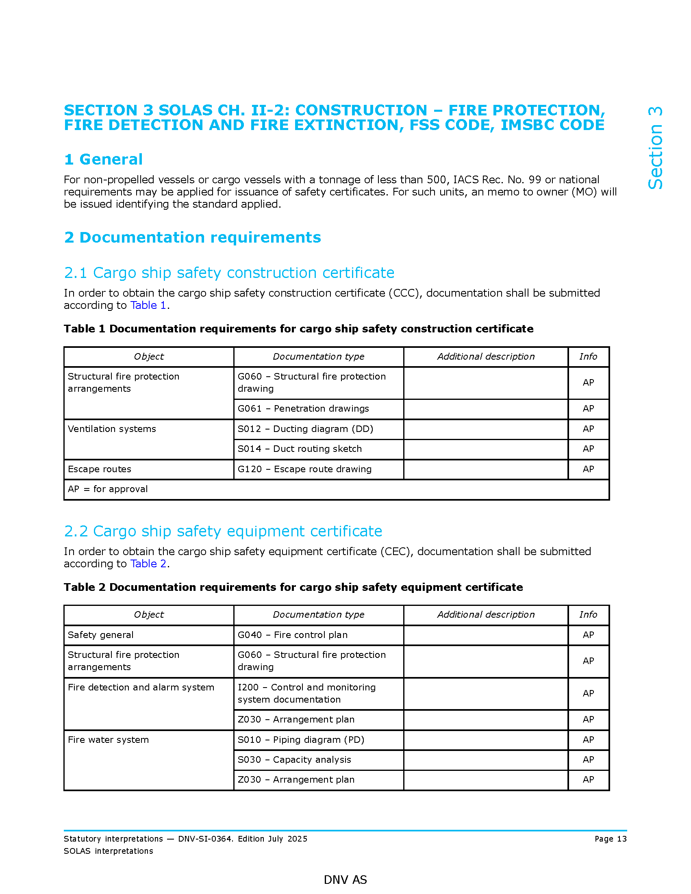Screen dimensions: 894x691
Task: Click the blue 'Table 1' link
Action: click(148, 305)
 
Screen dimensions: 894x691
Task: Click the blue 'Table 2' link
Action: click(148, 564)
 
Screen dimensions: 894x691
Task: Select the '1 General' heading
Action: click(103, 159)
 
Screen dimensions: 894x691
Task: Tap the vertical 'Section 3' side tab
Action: click(655, 148)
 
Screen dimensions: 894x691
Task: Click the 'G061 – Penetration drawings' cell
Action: click(303, 408)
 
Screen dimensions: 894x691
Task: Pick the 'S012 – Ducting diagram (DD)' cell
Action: click(305, 429)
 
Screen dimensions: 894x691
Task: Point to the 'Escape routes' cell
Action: click(100, 469)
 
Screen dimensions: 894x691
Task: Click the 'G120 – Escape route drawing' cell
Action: click(304, 469)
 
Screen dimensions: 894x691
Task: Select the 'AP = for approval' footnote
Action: click(108, 489)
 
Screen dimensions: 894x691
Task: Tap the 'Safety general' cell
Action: click(101, 635)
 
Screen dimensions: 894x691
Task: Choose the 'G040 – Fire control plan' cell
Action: click(293, 635)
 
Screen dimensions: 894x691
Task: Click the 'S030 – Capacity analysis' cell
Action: click(294, 760)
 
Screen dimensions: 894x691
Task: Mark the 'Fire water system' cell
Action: click(108, 740)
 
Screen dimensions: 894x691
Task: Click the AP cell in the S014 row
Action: click(588, 449)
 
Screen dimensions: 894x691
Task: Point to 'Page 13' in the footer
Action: click(611, 839)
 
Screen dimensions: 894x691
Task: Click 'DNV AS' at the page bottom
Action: click(345, 880)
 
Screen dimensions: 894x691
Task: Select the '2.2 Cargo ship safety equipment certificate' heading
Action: click(223, 531)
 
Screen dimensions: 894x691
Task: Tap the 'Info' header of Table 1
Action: click(588, 356)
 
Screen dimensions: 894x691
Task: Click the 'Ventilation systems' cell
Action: click(112, 429)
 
